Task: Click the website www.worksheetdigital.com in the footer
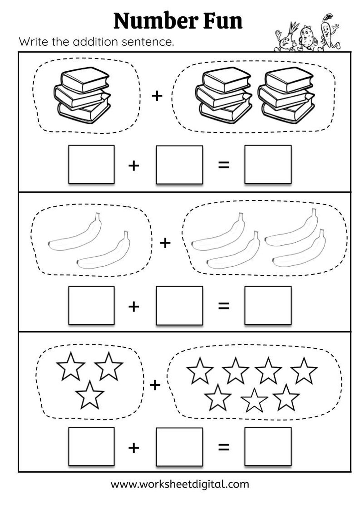tap(180, 484)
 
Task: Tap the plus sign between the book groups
tap(157, 95)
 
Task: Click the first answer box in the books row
tap(91, 164)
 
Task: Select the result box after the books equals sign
tap(268, 164)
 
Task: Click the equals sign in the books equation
tap(224, 165)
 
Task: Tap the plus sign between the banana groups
tap(165, 243)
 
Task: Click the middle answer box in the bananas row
tap(179, 305)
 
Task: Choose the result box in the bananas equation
tap(268, 305)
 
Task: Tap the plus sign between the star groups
tap(155, 385)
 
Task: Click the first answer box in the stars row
tap(91, 446)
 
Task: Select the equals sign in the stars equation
tap(224, 447)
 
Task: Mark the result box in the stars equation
tap(268, 446)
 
